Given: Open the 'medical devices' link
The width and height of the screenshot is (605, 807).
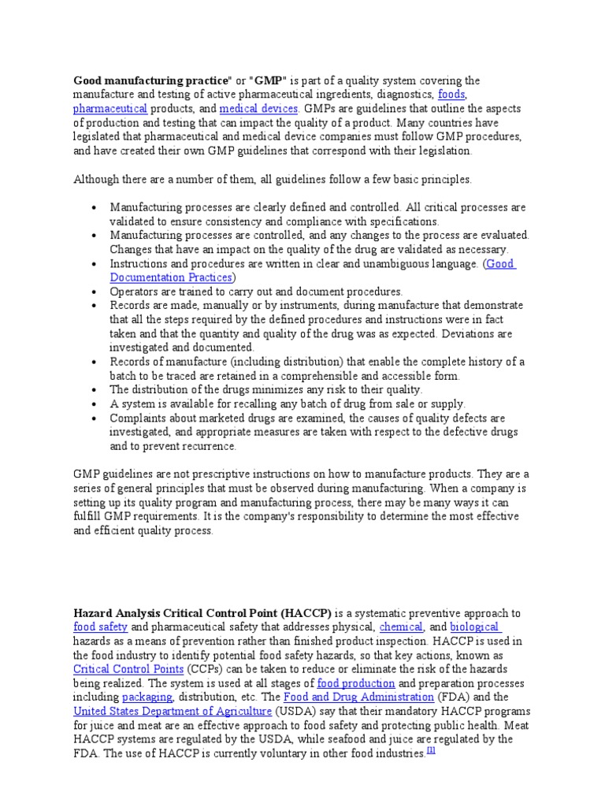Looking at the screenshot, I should coord(258,109).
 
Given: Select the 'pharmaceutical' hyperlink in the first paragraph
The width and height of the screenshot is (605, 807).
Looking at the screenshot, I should coord(110,109).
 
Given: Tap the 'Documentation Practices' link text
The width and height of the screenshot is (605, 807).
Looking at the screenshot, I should coord(171,277).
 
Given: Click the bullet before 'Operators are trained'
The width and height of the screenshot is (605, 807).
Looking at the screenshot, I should coord(94,292).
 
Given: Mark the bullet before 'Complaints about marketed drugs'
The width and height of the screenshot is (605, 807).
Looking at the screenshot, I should coord(94,418).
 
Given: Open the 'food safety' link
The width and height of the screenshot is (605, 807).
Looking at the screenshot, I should coord(100,627).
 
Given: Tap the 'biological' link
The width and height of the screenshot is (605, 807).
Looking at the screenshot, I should coord(475,627).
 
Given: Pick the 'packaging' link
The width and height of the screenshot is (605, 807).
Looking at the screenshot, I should coord(148,697).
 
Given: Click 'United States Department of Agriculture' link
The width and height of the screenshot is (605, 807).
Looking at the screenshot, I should coord(173,712).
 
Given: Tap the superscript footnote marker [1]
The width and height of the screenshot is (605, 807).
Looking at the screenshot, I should coord(431,751).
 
